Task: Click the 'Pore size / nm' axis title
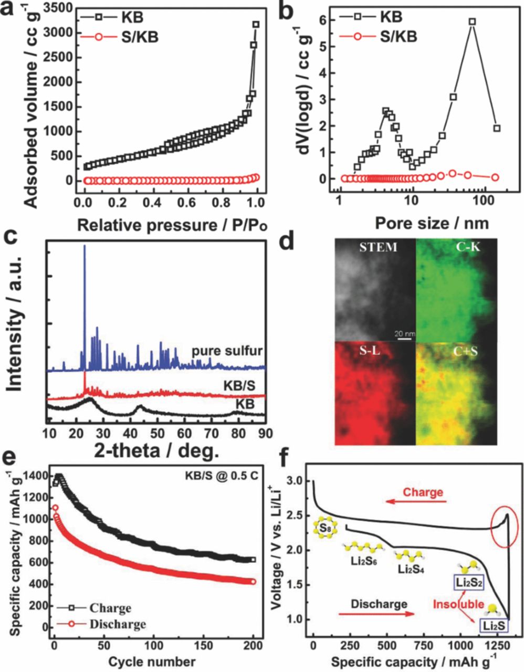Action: pyautogui.click(x=432, y=223)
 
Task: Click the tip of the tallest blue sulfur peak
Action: pyautogui.click(x=85, y=246)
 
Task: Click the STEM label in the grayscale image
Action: pyautogui.click(x=378, y=247)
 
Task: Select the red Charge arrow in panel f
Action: pyautogui.click(x=415, y=502)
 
